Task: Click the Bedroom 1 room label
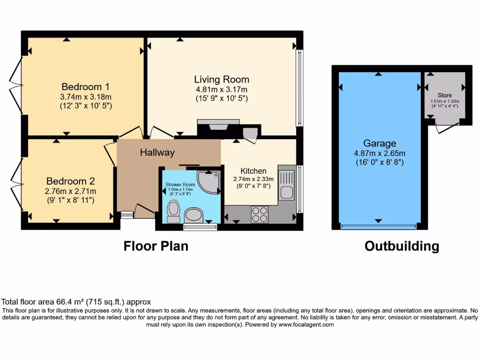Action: click(86, 87)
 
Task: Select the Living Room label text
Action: click(222, 79)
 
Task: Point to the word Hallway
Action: click(157, 152)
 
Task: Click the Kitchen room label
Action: click(253, 171)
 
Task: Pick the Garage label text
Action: click(380, 143)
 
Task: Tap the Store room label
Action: click(445, 95)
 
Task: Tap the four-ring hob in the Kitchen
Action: click(260, 214)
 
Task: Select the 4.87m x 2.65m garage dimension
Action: click(380, 153)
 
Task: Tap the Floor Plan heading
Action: click(156, 246)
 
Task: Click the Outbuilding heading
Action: click(402, 246)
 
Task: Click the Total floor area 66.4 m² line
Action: click(76, 302)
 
